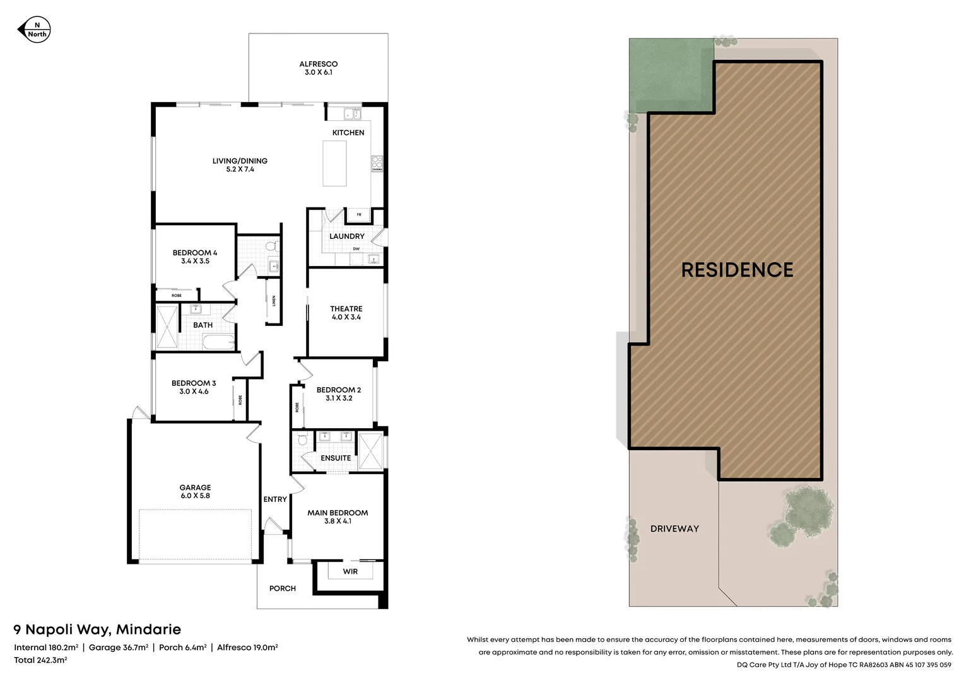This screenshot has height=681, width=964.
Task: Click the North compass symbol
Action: pyautogui.click(x=33, y=30)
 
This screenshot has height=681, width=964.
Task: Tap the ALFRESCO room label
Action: pyautogui.click(x=318, y=64)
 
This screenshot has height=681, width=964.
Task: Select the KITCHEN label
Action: pyautogui.click(x=348, y=132)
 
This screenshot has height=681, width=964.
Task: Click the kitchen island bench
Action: pyautogui.click(x=334, y=163)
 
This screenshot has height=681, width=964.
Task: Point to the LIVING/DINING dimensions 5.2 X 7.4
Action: pyautogui.click(x=240, y=170)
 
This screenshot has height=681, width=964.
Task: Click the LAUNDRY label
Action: pyautogui.click(x=346, y=236)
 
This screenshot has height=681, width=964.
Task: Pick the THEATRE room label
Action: pyautogui.click(x=346, y=309)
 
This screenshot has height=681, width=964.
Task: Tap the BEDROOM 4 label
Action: pyautogui.click(x=195, y=253)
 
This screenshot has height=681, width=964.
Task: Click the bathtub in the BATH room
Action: pyautogui.click(x=218, y=342)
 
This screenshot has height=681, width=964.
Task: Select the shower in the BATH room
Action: pyautogui.click(x=167, y=327)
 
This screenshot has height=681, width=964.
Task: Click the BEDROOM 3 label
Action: pyautogui.click(x=194, y=383)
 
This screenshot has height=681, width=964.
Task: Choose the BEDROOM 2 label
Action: pyautogui.click(x=339, y=390)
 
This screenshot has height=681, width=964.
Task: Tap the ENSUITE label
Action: pyautogui.click(x=336, y=458)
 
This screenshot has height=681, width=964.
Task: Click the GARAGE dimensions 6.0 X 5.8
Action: pyautogui.click(x=195, y=496)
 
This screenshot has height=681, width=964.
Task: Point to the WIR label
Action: pyautogui.click(x=350, y=571)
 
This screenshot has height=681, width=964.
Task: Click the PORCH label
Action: pyautogui.click(x=282, y=588)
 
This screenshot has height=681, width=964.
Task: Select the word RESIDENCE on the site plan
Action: pyautogui.click(x=737, y=270)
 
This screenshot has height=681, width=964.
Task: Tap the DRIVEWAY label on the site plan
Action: pyautogui.click(x=674, y=528)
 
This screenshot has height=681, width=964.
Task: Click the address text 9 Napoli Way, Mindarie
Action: pyautogui.click(x=97, y=629)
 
